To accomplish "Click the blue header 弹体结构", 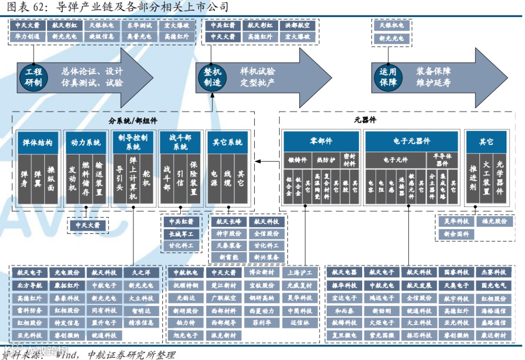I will (37, 142).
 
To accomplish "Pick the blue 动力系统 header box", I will (86, 142).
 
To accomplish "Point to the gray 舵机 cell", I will (147, 178).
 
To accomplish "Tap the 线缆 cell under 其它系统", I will (227, 178).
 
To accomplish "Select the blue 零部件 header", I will (321, 141).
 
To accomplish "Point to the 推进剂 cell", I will (472, 178).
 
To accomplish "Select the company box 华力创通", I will (27, 36).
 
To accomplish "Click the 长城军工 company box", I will (181, 234).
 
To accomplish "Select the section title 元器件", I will (365, 120).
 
